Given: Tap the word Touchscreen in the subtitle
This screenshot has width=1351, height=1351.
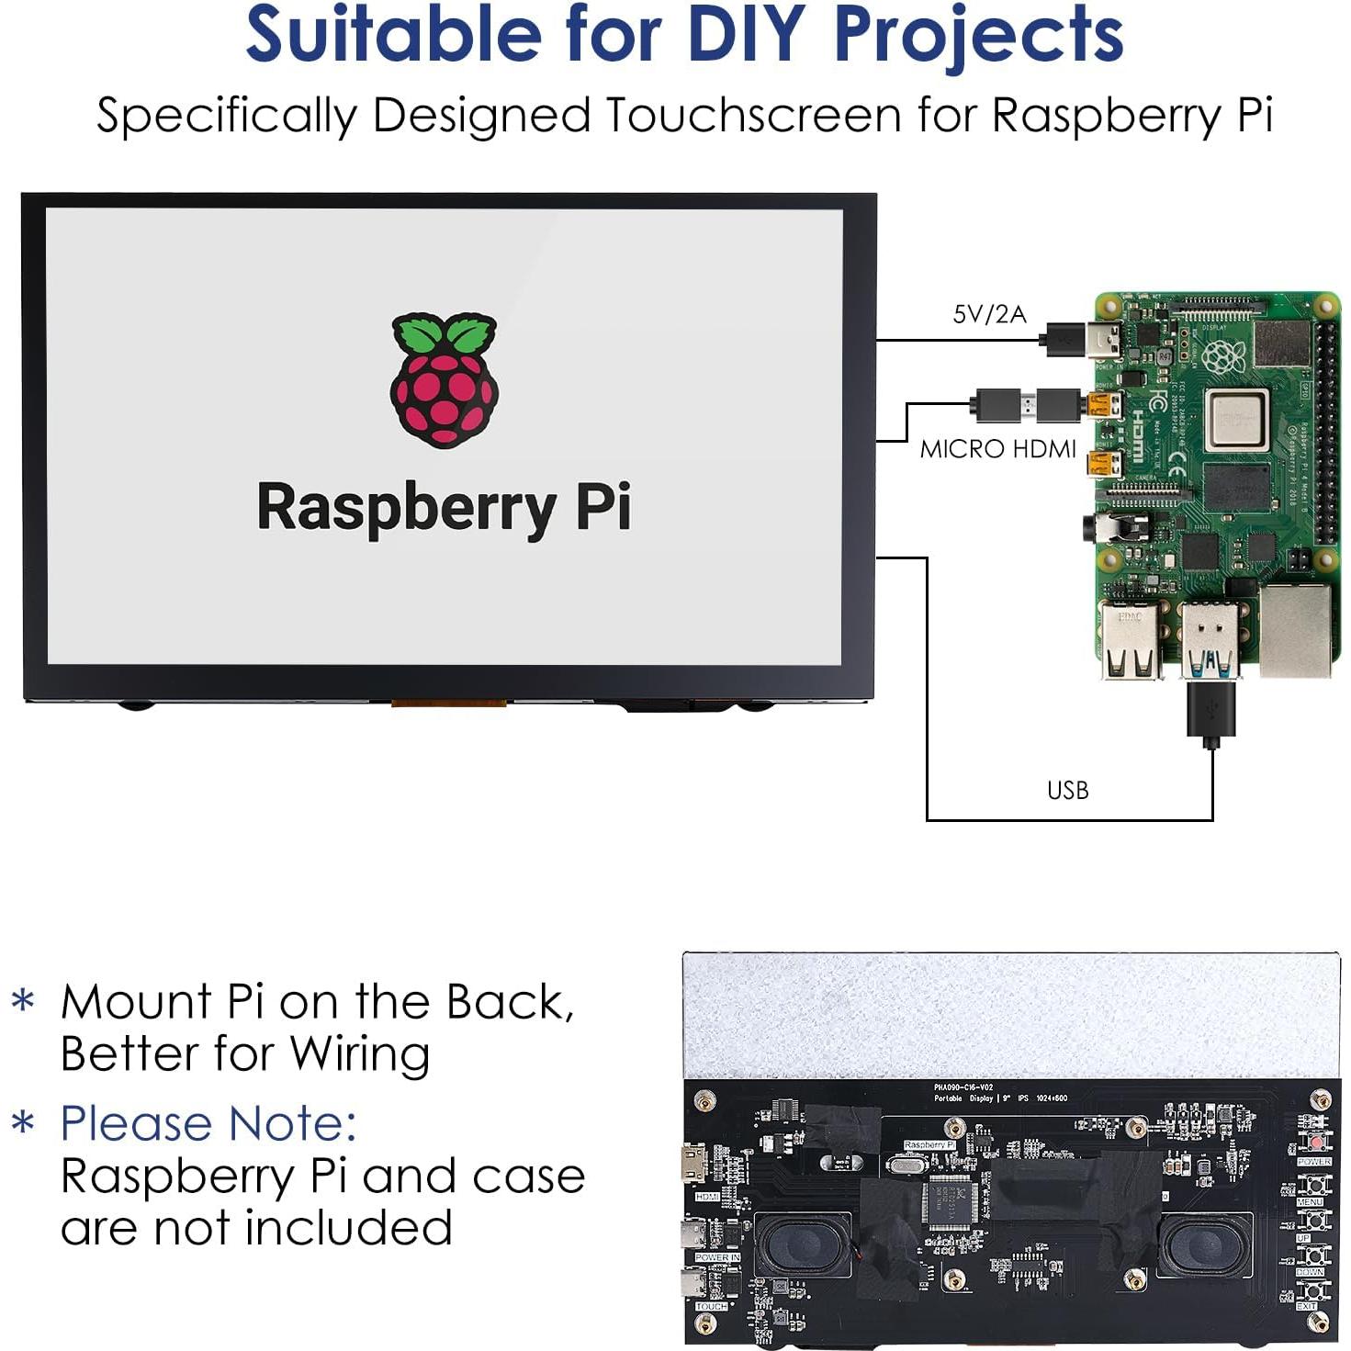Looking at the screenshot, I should [753, 117].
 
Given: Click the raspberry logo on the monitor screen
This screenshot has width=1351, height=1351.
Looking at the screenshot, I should [445, 379].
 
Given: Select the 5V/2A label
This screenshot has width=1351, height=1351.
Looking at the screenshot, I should [989, 315].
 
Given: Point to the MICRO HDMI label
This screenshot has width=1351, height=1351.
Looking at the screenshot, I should [998, 449].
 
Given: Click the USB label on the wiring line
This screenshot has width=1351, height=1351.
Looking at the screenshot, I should [1067, 791].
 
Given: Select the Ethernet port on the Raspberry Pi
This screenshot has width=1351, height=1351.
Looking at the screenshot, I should [1295, 630].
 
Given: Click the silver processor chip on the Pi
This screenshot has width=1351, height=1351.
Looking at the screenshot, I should [1237, 421].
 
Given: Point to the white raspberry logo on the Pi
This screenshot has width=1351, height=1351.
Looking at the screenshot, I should [1223, 356].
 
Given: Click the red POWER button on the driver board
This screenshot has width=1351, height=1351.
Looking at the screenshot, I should [1315, 1143].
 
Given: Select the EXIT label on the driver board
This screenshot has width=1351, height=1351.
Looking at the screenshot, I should [1307, 1306].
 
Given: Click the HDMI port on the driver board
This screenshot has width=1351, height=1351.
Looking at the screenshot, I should [693, 1165].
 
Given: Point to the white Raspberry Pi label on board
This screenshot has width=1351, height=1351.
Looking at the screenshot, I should [929, 1145].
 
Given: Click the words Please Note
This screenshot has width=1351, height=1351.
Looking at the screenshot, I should [208, 1123].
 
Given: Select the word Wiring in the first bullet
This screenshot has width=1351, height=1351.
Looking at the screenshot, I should [360, 1054].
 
